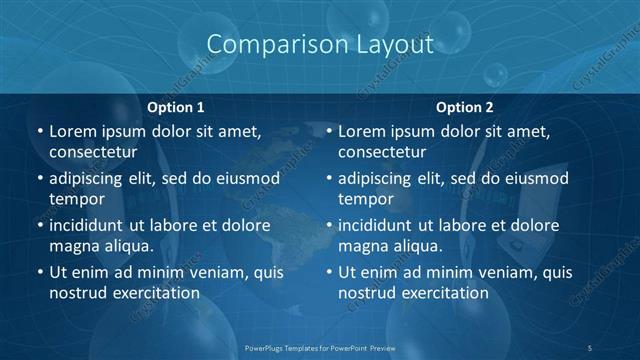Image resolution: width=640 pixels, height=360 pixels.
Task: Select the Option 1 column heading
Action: (176, 107)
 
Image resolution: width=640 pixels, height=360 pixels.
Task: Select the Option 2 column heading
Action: (464, 107)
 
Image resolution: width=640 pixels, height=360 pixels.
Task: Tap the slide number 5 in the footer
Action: (589, 347)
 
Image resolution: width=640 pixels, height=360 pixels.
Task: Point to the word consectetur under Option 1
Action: (93, 153)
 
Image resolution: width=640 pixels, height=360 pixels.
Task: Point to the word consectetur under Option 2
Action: (382, 153)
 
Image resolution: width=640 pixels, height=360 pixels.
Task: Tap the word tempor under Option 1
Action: (76, 199)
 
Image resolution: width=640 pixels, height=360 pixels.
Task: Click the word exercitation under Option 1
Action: (154, 293)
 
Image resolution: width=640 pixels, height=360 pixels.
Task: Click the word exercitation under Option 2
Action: (443, 293)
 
